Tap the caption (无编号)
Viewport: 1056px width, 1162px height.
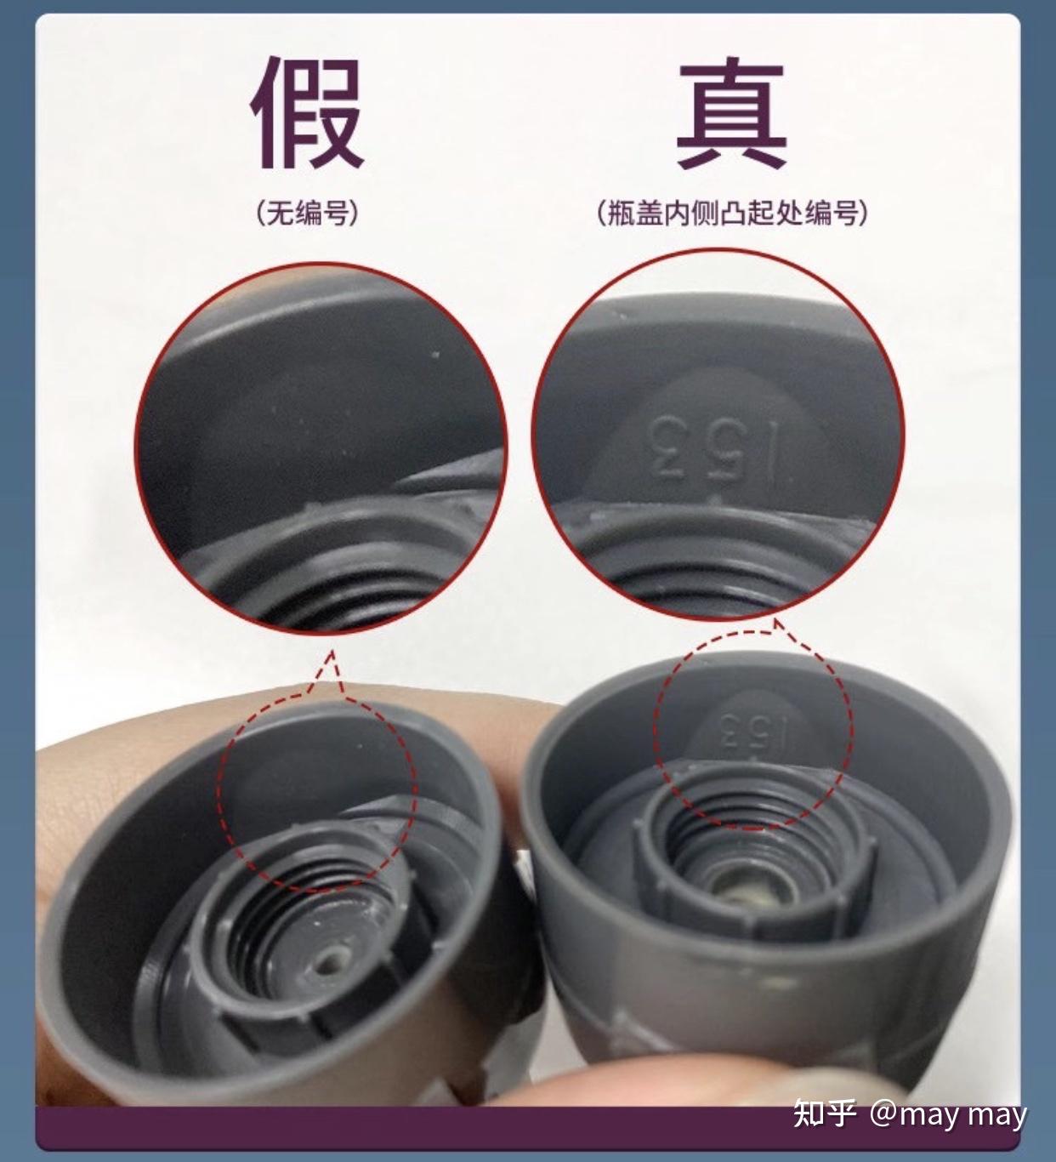307,212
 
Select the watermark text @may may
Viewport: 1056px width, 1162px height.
948,1114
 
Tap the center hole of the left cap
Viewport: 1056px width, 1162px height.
328,964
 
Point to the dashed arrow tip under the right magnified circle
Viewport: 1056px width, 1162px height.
776,623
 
